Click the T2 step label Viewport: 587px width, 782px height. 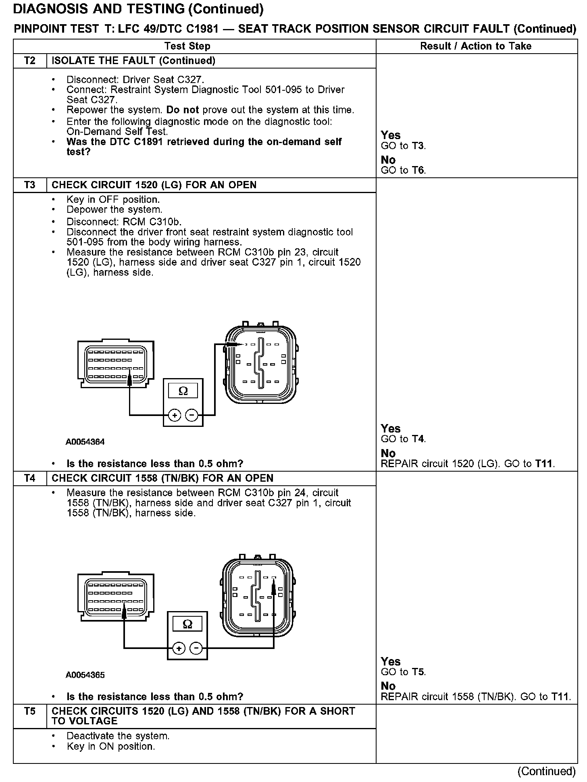[x=30, y=61]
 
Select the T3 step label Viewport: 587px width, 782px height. [x=30, y=185]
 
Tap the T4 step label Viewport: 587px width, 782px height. [x=30, y=478]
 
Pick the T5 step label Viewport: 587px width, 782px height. [x=30, y=711]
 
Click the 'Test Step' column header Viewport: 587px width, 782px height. [x=187, y=46]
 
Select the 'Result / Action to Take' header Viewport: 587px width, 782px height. [x=476, y=46]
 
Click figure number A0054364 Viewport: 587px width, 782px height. [x=85, y=442]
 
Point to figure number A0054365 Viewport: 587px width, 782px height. [x=85, y=675]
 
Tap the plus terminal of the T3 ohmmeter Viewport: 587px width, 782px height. [x=174, y=415]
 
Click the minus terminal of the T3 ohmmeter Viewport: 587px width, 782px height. [x=192, y=415]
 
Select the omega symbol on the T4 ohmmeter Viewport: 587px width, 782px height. [x=187, y=624]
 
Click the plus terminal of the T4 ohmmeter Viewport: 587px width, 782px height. [x=179, y=648]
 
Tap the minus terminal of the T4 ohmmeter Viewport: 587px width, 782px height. [x=196, y=648]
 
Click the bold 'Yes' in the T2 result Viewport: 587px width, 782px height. [x=391, y=135]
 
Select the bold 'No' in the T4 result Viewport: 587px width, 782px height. [x=388, y=686]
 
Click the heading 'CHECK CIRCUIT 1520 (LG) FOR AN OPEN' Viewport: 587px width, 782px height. [x=154, y=185]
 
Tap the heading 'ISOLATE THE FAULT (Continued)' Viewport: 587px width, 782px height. [x=133, y=61]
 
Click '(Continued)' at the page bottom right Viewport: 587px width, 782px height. [x=547, y=771]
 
